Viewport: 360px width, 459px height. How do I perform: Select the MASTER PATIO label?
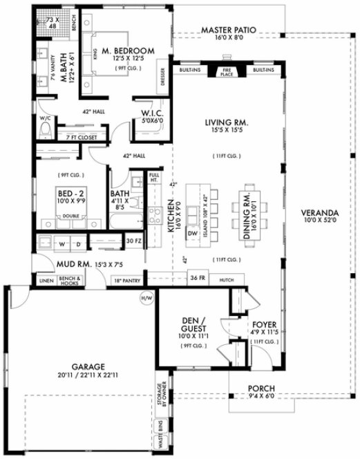pyautogui.click(x=229, y=31)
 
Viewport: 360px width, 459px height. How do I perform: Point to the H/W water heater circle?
pyautogui.click(x=146, y=299)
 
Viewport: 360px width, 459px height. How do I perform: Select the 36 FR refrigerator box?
pyautogui.click(x=198, y=279)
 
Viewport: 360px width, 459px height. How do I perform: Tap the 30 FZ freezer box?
pyautogui.click(x=134, y=241)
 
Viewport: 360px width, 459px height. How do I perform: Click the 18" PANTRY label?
pyautogui.click(x=129, y=281)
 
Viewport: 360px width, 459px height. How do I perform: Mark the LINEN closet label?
pyautogui.click(x=47, y=281)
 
